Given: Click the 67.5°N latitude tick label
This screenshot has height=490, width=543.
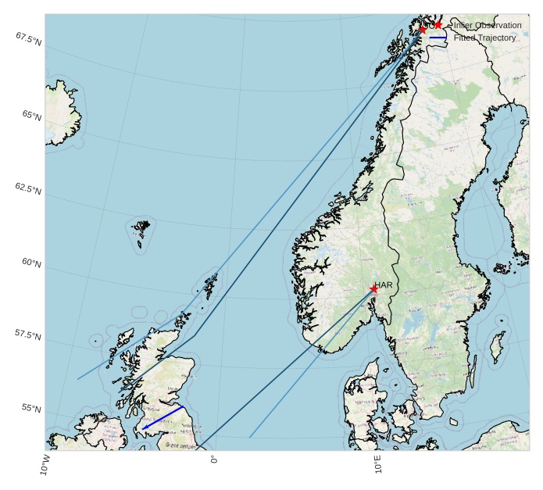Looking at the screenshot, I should (28, 38).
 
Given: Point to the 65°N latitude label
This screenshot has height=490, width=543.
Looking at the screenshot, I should (31, 116).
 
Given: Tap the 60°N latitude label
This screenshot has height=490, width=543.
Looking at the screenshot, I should (31, 263).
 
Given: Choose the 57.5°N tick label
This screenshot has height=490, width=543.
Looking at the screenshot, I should (28, 334).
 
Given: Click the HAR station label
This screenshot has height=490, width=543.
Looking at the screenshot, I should (384, 285).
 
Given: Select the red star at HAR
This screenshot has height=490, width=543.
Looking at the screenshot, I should (373, 289).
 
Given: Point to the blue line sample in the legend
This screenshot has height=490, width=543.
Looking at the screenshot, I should (438, 38).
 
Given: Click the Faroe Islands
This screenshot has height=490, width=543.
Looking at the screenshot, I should (141, 229).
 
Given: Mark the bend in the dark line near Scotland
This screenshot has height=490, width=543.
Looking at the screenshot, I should (195, 335).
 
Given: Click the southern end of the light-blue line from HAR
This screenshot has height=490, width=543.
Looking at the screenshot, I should (249, 437).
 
